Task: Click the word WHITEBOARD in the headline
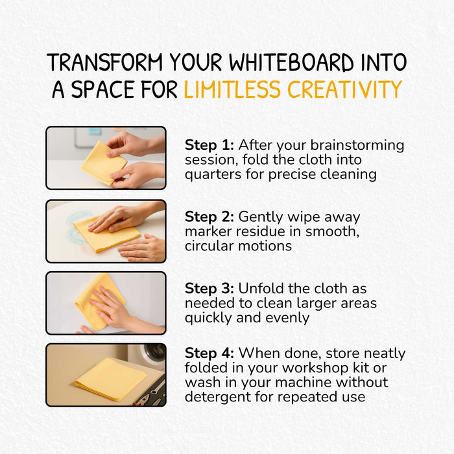coord(291,62)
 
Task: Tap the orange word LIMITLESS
coord(232,89)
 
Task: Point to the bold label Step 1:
coord(209,145)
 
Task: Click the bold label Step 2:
coord(209,217)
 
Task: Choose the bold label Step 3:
coord(209,289)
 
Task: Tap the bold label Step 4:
coord(209,353)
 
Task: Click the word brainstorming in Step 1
coord(357,146)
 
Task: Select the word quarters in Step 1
coord(213,174)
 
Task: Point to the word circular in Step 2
coord(209,246)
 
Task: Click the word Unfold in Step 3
coord(260,289)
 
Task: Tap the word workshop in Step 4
coord(316,368)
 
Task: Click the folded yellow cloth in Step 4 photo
coord(111,379)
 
